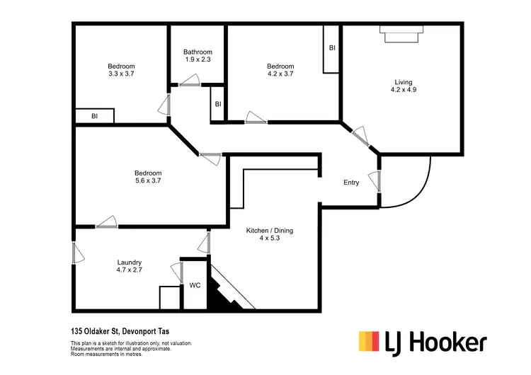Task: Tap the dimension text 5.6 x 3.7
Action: point(149,181)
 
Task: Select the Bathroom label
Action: point(198,52)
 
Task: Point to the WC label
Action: point(195,286)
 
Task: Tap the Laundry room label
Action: point(130,262)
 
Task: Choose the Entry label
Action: point(351,183)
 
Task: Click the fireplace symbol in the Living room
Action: point(401,33)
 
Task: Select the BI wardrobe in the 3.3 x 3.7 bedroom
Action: point(95,116)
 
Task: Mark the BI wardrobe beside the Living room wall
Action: point(331,48)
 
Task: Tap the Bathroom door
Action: point(189,85)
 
